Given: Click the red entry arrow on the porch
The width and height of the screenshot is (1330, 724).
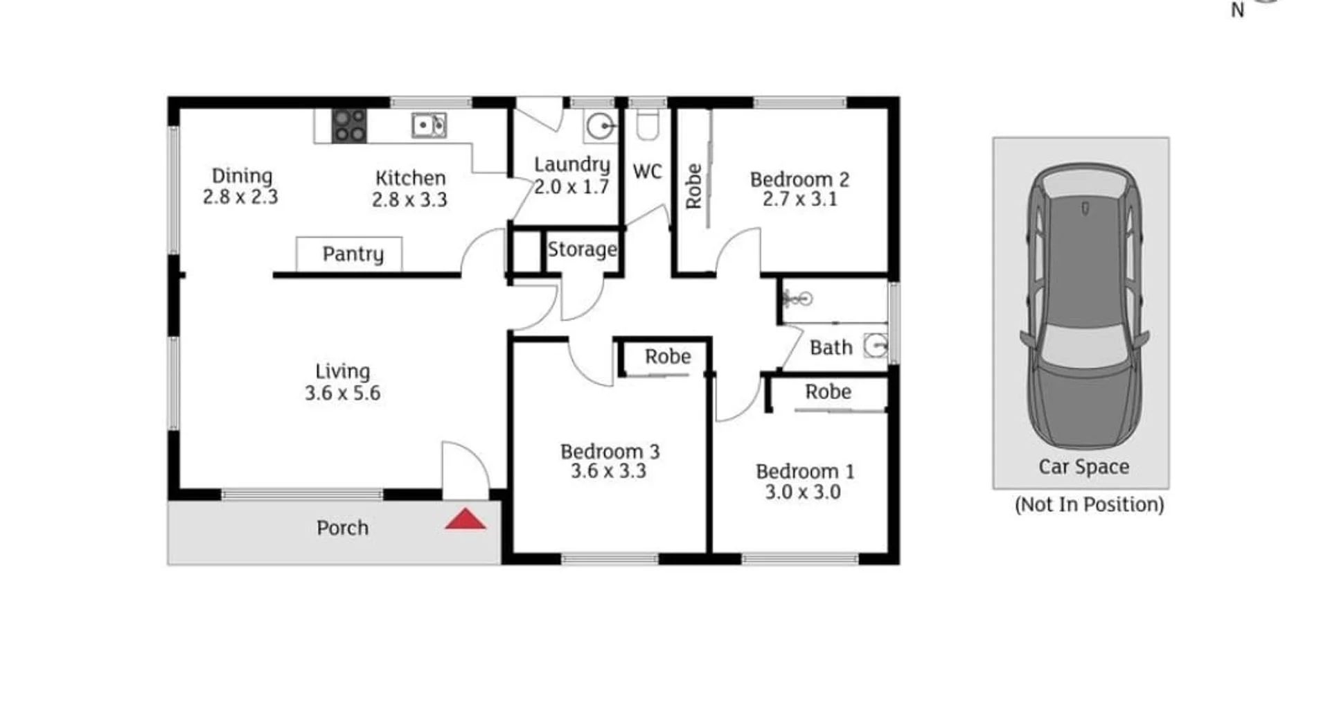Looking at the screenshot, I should click(465, 520).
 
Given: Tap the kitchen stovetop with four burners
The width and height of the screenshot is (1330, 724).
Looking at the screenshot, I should click(349, 126).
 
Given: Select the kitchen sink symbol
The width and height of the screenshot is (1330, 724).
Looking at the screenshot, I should click(429, 125).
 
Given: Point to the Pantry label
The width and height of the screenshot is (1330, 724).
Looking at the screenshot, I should click(353, 254).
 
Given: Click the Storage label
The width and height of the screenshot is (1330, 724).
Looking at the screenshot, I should click(582, 249).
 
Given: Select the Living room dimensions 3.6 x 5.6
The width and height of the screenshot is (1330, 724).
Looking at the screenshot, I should click(342, 393).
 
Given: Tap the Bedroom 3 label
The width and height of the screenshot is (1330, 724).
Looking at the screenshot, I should click(610, 452).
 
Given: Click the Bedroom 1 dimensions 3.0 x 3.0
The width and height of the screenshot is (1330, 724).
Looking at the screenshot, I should click(802, 492).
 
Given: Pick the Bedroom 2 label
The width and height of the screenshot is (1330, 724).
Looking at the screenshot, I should click(799, 179).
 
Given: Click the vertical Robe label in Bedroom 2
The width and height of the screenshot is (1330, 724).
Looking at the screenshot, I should click(693, 186).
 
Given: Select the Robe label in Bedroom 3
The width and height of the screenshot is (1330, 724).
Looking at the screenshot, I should click(668, 357).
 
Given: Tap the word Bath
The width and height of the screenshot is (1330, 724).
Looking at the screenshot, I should click(831, 348).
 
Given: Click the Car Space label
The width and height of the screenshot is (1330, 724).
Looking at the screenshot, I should click(1083, 467).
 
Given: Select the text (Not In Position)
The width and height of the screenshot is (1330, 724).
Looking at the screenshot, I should click(1089, 504).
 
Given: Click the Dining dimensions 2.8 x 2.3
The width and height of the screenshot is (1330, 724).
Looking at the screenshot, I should click(240, 197).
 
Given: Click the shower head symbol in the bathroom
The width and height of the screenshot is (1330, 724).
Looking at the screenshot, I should click(797, 299).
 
